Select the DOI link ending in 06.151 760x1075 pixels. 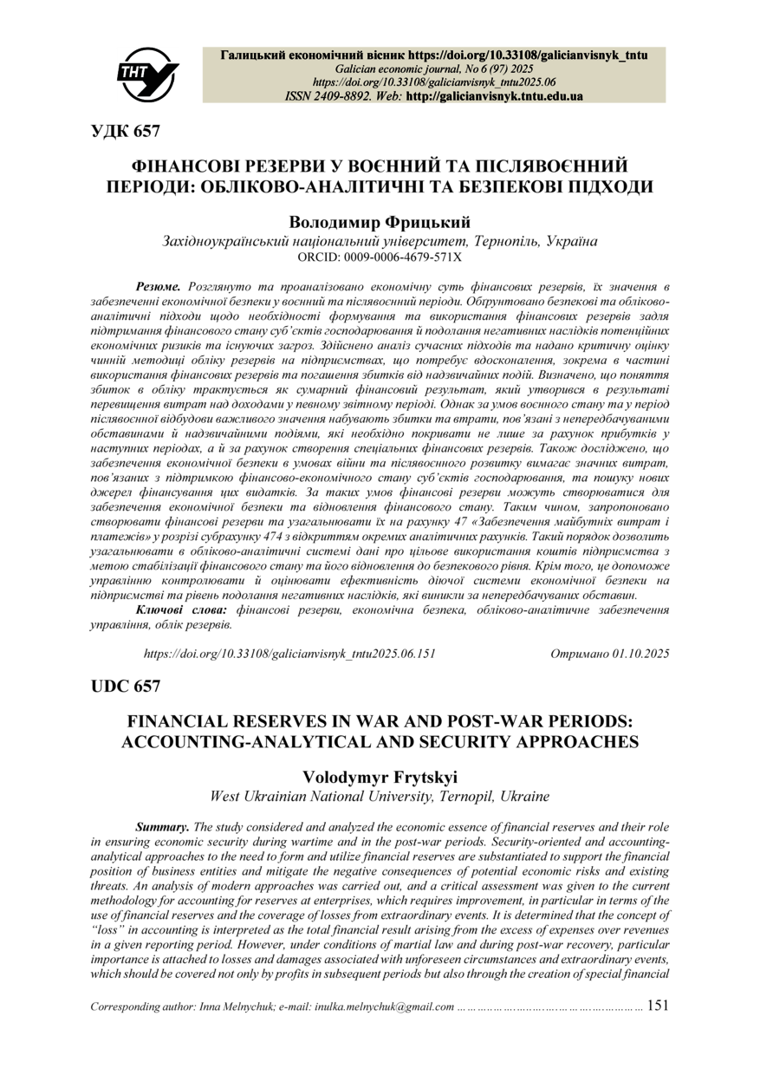click(x=289, y=654)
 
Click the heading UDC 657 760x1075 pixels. click(x=126, y=686)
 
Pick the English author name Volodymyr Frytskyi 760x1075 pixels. click(x=380, y=777)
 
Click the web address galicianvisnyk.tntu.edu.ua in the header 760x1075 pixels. click(x=507, y=96)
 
